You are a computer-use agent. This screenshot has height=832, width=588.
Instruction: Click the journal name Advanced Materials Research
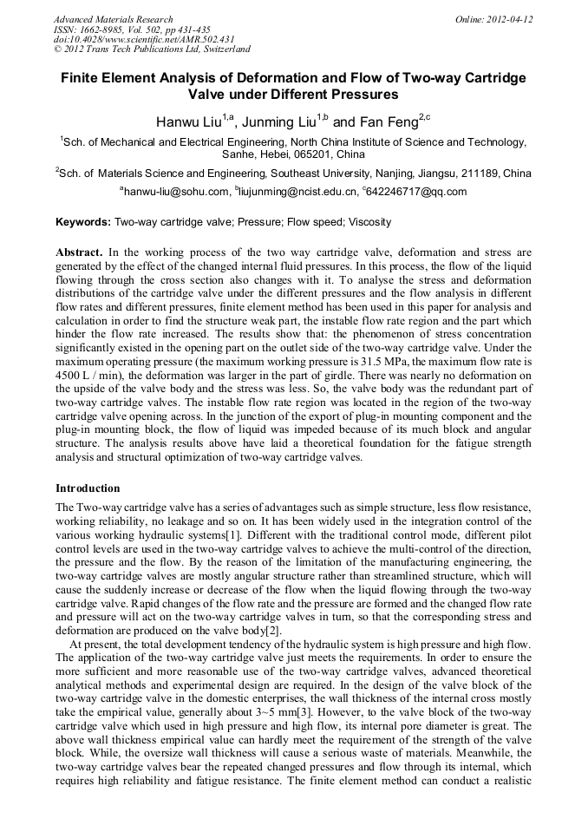pos(113,19)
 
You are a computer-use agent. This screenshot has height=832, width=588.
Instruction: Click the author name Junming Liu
pos(278,121)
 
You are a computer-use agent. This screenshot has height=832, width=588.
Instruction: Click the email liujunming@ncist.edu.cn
pos(291,192)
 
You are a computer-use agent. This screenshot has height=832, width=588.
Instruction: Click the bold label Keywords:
pos(83,222)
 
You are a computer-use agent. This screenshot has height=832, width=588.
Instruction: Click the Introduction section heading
pos(88,488)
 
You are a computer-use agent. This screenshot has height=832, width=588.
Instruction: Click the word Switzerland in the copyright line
pos(224,49)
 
